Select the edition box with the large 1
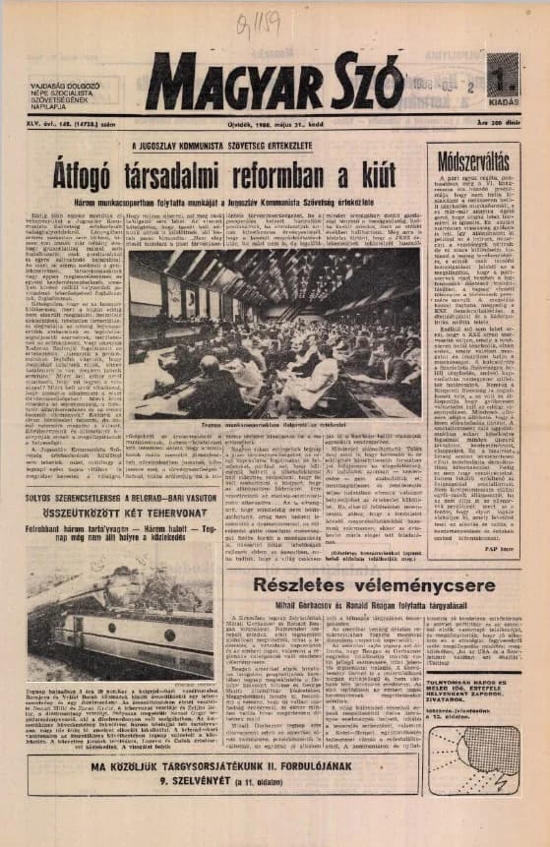tap(502, 78)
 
